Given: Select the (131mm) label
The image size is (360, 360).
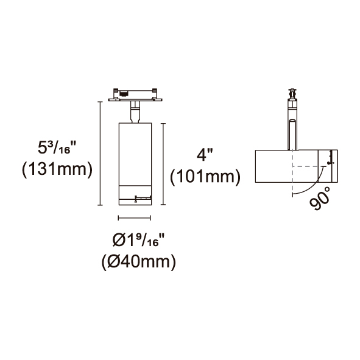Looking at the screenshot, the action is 57,169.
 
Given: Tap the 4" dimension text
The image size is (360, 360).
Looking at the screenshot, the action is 205,155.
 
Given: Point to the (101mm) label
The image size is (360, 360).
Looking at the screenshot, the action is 205,177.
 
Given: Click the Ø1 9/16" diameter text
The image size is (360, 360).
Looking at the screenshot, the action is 139,239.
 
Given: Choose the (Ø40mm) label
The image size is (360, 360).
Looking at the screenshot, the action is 139,262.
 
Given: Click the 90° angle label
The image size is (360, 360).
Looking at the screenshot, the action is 320,198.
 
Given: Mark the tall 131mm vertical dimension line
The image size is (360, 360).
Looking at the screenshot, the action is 100,154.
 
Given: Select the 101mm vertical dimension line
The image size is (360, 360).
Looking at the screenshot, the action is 163,164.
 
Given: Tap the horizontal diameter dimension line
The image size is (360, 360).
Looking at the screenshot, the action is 134,218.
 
